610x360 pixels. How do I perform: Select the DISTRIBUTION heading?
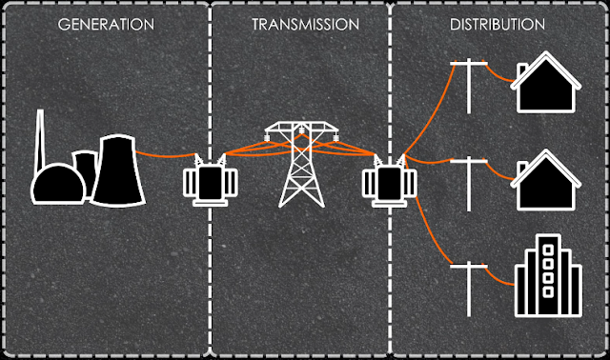497,22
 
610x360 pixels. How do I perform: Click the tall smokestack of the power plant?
41,143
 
